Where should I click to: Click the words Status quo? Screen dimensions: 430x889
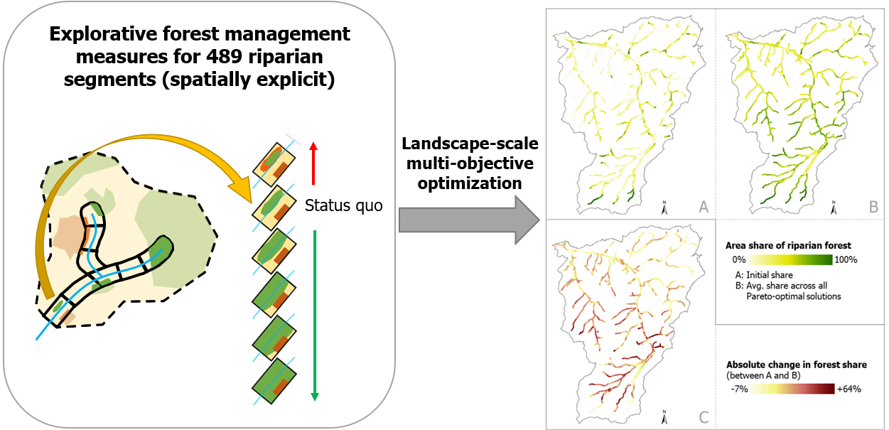[343, 206]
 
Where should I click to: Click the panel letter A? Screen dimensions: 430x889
[703, 207]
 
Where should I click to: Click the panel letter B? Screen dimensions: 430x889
[873, 207]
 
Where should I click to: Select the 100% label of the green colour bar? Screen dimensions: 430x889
[846, 260]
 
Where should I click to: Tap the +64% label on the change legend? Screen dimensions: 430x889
[848, 389]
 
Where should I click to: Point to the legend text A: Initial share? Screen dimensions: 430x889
[765, 274]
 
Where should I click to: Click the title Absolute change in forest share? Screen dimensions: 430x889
[796, 365]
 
